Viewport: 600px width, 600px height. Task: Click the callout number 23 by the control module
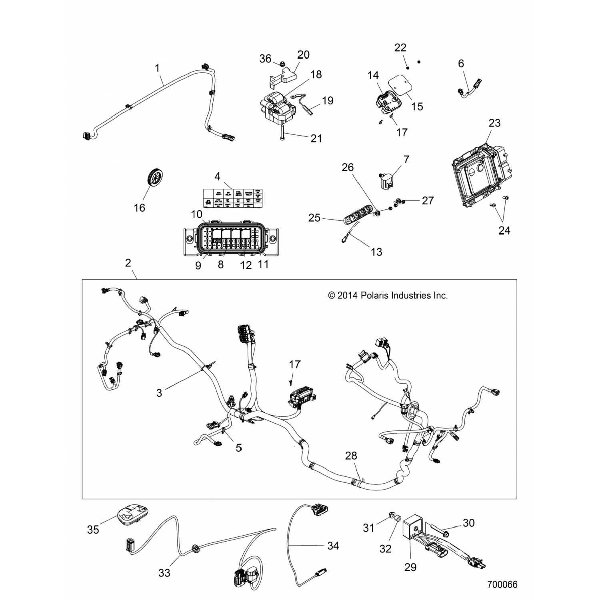click(x=494, y=123)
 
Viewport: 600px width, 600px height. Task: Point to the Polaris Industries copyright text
click(x=388, y=296)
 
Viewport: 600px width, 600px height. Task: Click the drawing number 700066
click(x=502, y=584)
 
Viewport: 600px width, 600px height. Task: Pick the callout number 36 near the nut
click(x=265, y=59)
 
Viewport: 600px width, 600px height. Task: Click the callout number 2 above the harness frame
click(x=128, y=263)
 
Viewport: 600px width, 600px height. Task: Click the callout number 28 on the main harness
click(x=351, y=456)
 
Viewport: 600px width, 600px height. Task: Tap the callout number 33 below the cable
click(x=164, y=573)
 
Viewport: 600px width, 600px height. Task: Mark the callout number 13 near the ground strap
click(x=376, y=252)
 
